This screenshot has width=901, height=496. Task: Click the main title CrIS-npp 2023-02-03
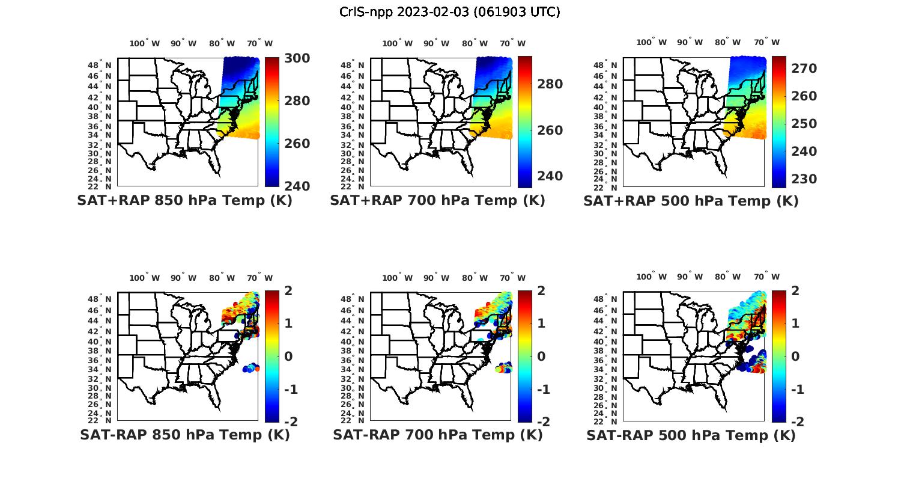click(449, 12)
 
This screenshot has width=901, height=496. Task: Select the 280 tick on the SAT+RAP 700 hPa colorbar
click(549, 84)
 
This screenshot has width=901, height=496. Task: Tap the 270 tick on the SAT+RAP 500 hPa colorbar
click(804, 69)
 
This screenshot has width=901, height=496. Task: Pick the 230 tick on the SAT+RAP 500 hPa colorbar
click(804, 179)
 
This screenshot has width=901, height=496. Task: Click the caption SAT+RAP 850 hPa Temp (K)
click(184, 201)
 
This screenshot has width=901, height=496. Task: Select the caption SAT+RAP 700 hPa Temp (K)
click(437, 201)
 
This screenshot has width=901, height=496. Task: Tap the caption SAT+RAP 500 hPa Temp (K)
click(691, 201)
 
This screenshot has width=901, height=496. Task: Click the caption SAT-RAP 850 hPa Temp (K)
click(184, 435)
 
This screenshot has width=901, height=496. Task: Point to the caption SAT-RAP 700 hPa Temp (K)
click(437, 435)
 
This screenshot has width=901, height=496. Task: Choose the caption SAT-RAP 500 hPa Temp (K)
click(691, 435)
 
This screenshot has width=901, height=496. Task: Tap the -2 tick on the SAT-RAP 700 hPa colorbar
click(542, 421)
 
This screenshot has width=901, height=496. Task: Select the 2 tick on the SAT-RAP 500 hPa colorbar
click(796, 291)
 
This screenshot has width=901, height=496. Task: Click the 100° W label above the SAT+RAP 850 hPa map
click(145, 43)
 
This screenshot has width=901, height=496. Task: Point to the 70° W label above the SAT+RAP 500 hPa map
click(766, 42)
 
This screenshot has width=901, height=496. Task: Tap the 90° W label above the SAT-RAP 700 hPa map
click(436, 278)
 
